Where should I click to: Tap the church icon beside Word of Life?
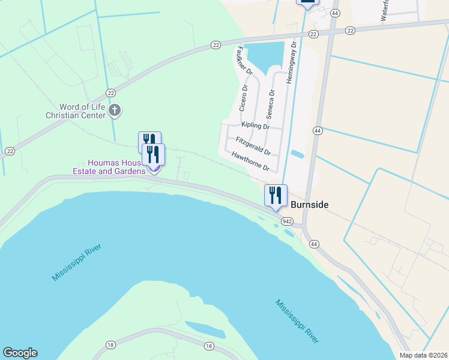[x=115, y=110]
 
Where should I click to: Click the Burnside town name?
[x=310, y=205]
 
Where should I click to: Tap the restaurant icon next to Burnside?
[x=276, y=195]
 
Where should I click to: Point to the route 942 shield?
[x=288, y=222]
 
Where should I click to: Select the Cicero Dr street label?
[x=244, y=98]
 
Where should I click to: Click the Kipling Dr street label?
[x=255, y=125]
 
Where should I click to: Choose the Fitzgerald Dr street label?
[x=253, y=145]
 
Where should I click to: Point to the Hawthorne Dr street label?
[x=250, y=160]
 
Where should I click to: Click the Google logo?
[x=20, y=353]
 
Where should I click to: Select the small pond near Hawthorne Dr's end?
[x=297, y=154]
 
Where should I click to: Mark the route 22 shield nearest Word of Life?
[x=110, y=92]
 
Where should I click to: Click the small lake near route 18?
[x=205, y=328]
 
